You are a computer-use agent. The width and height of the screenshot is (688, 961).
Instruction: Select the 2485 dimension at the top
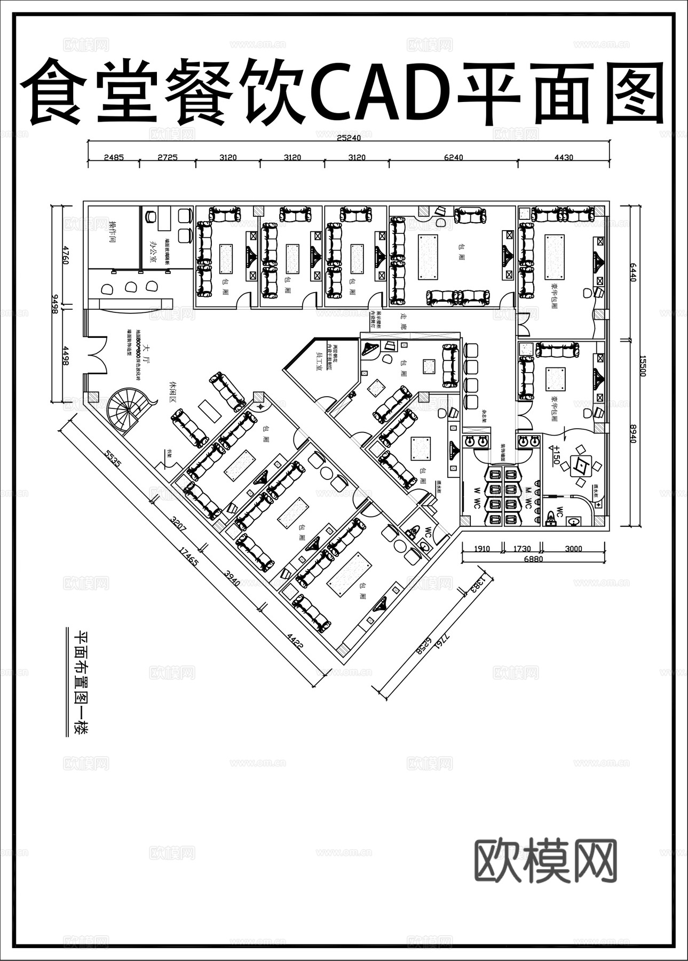click(x=114, y=157)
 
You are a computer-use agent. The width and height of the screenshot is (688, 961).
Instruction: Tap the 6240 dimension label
click(x=453, y=157)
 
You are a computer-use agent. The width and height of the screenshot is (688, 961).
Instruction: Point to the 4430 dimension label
click(x=564, y=157)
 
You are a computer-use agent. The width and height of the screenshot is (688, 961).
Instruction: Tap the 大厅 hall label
click(x=146, y=355)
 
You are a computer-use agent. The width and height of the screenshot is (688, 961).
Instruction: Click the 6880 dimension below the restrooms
click(x=533, y=559)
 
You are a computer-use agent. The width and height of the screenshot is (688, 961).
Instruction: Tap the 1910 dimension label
click(x=482, y=548)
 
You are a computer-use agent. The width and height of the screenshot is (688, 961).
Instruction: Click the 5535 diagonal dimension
click(x=112, y=459)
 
